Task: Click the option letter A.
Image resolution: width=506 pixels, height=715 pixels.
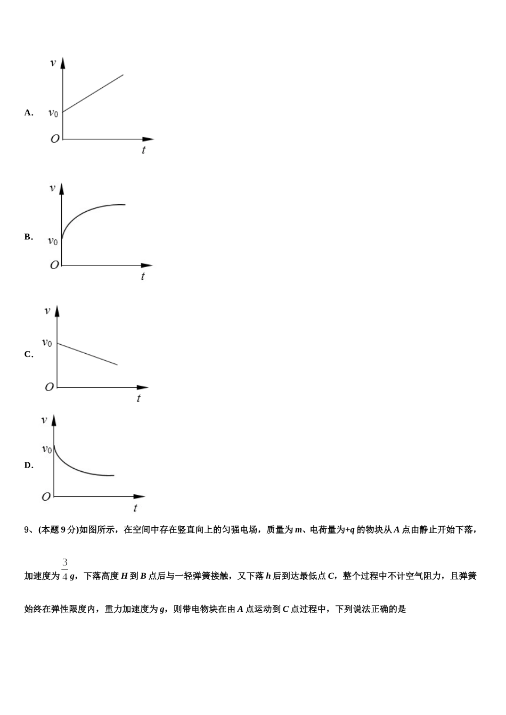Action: pos(28,113)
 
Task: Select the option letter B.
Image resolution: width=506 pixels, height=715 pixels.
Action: pos(28,237)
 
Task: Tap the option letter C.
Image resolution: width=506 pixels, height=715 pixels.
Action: pos(28,355)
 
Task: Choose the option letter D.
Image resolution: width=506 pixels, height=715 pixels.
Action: pos(28,465)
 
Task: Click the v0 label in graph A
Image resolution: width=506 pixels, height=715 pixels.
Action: pos(53,113)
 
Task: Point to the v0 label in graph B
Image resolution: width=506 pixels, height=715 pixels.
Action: pos(53,241)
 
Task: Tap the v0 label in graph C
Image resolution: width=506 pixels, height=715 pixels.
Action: pos(47,343)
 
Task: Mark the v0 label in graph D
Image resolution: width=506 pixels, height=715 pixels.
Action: pos(47,449)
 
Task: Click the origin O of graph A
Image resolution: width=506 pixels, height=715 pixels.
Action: pos(55,139)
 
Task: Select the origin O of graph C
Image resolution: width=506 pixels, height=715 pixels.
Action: pos(49,387)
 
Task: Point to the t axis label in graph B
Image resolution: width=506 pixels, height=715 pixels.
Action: pos(143,276)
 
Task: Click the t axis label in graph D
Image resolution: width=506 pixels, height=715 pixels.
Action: pos(135,508)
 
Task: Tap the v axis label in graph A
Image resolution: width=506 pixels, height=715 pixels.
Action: pos(53,63)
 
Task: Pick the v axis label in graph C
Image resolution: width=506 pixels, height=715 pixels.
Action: pos(47,311)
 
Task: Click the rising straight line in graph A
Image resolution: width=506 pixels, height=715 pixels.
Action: pos(93,93)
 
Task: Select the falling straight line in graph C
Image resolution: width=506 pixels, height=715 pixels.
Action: pos(87,354)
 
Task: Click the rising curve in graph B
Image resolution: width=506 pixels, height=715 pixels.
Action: pos(85,213)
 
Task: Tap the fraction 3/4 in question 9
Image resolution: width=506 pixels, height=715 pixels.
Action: pos(64,569)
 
